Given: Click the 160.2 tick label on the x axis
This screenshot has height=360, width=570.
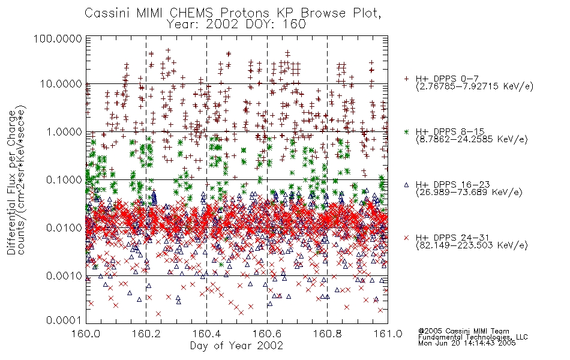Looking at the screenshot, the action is [x=146, y=334].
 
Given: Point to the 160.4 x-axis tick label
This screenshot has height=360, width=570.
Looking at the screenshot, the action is [x=206, y=334].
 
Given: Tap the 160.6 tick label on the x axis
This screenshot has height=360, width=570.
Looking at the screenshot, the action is [x=267, y=334].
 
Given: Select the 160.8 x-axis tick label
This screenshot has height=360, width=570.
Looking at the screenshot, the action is [x=327, y=334].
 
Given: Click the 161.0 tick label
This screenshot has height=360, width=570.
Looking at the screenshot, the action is [x=388, y=334].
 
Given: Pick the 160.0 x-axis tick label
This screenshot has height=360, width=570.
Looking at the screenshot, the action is [x=86, y=334].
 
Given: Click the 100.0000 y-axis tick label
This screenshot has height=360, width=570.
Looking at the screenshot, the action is [x=58, y=38].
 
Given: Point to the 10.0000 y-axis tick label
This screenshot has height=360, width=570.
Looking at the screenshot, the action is [x=61, y=84].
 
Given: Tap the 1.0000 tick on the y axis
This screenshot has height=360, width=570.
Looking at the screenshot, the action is [x=64, y=131].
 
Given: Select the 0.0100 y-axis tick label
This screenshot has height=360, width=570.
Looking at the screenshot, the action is [x=64, y=228].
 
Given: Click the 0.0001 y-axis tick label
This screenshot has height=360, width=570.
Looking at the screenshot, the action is [x=64, y=320].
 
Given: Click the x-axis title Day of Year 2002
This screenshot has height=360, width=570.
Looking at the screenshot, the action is [x=236, y=346].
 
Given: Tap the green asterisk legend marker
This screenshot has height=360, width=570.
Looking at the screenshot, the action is [x=407, y=131].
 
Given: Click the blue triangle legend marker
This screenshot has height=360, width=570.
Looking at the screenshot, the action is [x=407, y=185].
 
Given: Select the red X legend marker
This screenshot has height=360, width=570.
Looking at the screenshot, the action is [x=407, y=238].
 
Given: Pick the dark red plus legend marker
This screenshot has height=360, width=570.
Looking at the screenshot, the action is [x=407, y=79].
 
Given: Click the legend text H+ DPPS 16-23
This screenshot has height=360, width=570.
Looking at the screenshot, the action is [x=453, y=185].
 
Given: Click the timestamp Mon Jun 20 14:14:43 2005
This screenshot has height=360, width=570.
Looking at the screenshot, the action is [x=467, y=343].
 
